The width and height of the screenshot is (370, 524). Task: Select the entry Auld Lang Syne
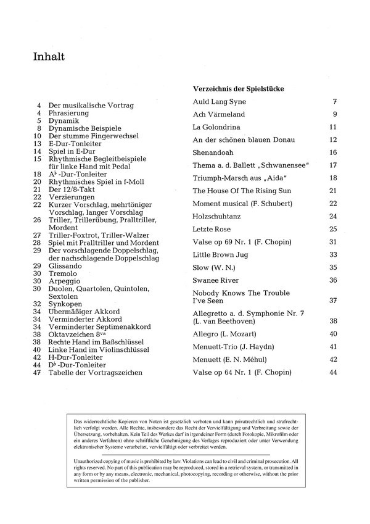(219, 101)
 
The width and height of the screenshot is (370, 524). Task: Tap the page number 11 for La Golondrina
(333, 127)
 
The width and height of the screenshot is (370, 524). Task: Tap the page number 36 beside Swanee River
(333, 280)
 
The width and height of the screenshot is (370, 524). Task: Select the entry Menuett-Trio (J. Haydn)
(234, 346)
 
